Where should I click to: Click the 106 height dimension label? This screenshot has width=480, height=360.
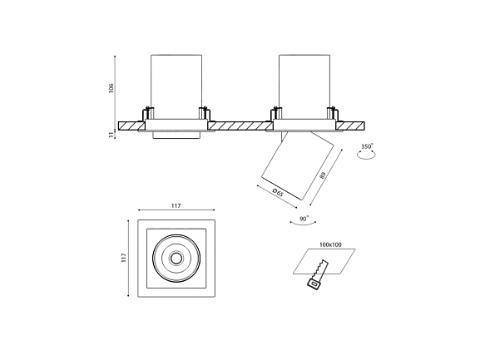111,88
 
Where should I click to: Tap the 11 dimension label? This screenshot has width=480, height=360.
111,135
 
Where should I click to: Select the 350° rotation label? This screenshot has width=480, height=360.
367,146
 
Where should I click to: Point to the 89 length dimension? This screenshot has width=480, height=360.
322,175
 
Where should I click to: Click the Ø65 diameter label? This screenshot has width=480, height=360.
278,193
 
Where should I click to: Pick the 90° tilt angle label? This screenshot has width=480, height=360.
304,219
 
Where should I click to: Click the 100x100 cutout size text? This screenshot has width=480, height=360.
330,244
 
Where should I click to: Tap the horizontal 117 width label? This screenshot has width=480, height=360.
176,206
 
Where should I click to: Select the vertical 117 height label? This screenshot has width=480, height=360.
123,258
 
